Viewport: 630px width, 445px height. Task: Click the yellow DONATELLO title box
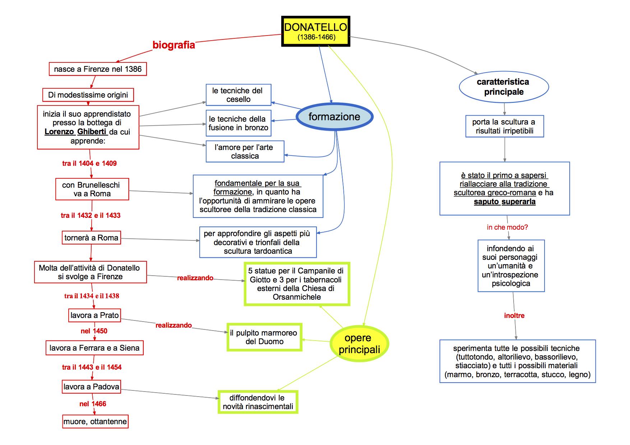pos(315,31)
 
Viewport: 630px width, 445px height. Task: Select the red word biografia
pos(173,45)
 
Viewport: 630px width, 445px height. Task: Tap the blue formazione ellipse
pos(334,117)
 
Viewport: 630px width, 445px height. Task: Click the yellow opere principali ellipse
pos(359,343)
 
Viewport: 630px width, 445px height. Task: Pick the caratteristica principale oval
pos(504,87)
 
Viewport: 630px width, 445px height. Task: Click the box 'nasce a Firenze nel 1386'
pos(98,69)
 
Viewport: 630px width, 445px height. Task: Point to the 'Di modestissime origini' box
pos(88,95)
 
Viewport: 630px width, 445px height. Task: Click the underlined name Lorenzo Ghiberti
pos(75,132)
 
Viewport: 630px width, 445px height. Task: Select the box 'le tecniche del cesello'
pos(238,95)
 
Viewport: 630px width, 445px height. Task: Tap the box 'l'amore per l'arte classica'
pos(244,151)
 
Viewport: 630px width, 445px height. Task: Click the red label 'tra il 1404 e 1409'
pos(89,163)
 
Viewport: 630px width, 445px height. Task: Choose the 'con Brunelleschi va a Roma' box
pos(92,189)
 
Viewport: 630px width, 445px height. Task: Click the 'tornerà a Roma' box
pos(91,238)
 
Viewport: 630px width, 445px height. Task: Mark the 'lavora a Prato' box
pos(94,315)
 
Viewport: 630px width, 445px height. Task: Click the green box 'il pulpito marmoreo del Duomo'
pos(264,337)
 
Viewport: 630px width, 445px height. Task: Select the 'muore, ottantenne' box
pos(95,421)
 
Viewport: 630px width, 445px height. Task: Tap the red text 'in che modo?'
pos(507,227)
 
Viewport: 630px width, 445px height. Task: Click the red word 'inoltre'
pos(514,315)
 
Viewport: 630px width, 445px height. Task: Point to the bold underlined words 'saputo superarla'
pos(504,202)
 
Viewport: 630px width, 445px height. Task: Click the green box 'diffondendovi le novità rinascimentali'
pos(258,402)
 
